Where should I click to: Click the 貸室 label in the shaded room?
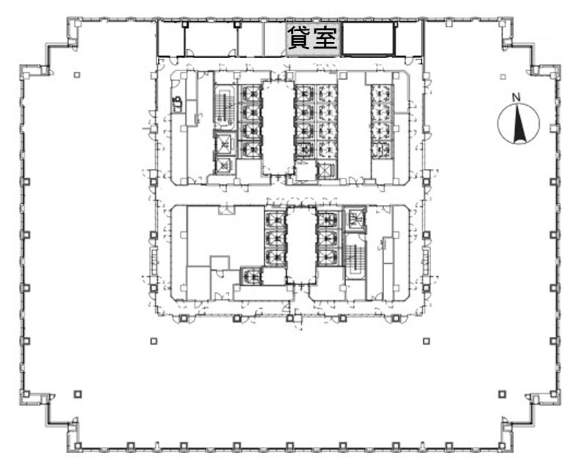[312, 38]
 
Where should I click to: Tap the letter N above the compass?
[516, 98]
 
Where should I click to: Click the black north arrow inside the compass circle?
[520, 124]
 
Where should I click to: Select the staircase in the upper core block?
[225, 107]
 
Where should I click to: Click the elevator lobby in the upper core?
[278, 128]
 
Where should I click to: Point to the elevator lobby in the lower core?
[301, 245]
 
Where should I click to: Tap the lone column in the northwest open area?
[76, 75]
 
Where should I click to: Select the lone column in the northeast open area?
[503, 76]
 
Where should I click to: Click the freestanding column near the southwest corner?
[77, 394]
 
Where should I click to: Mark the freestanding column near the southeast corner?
[502, 394]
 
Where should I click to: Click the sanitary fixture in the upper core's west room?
[178, 104]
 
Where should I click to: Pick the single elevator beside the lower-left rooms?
[250, 275]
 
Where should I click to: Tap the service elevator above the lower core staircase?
[355, 219]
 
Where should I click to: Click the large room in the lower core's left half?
[225, 236]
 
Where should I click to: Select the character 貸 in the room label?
[300, 38]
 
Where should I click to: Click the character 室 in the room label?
[325, 38]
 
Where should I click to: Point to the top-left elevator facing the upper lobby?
[250, 94]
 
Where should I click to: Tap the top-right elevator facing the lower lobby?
[328, 220]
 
